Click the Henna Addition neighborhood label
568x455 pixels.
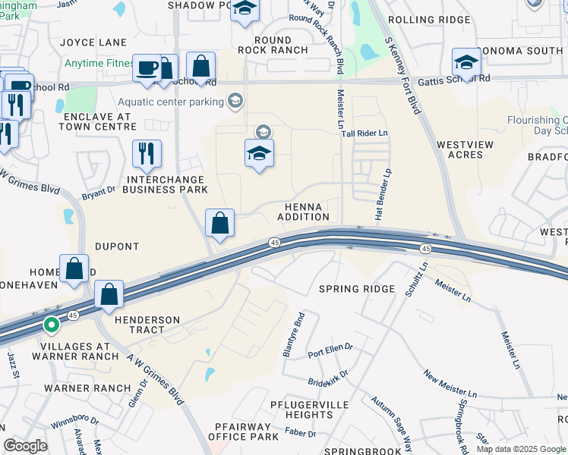(x=307, y=212)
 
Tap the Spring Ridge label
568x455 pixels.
(x=357, y=289)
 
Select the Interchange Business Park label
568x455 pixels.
(x=166, y=184)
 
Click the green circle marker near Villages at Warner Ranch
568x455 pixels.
(x=52, y=326)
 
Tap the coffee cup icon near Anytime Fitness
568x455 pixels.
(x=147, y=67)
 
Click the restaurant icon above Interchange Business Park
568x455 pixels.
(x=147, y=154)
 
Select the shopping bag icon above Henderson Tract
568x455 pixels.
(x=109, y=294)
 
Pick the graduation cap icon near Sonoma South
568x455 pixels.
(x=466, y=62)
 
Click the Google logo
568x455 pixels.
(x=25, y=446)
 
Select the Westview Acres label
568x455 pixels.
(x=460, y=149)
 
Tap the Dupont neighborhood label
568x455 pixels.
(x=117, y=246)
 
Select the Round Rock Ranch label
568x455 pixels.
(x=273, y=45)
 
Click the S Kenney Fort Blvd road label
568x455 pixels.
(x=402, y=76)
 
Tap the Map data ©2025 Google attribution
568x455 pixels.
(x=520, y=449)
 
